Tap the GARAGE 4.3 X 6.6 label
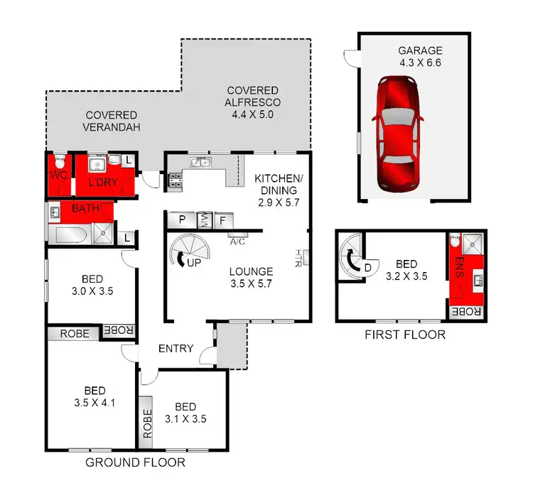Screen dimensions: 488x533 click(x=420, y=57)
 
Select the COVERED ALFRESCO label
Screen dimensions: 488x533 click(x=253, y=97)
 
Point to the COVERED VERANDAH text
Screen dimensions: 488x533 click(x=112, y=121)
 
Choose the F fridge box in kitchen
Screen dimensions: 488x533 click(x=222, y=220)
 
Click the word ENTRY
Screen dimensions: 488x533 click(x=176, y=347)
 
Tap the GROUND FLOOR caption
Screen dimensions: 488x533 click(x=135, y=462)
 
